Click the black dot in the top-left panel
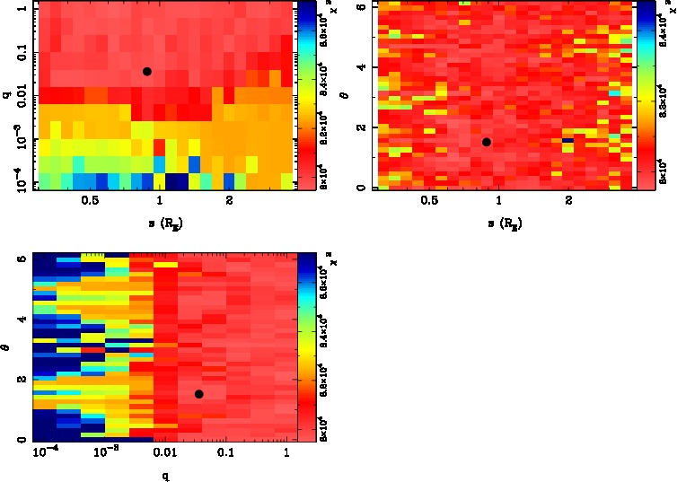pos(146,71)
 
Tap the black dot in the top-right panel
pos(486,142)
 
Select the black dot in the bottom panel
pos(198,394)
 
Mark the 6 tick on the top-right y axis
pos(360,7)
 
